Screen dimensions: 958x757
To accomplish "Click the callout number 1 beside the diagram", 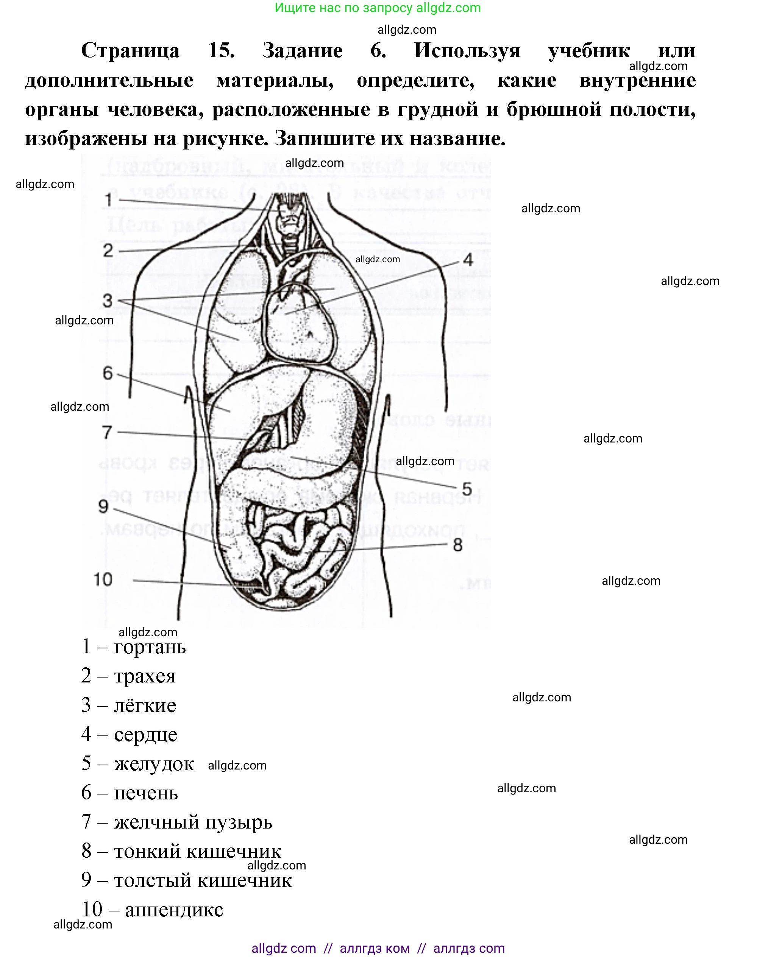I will point(108,200).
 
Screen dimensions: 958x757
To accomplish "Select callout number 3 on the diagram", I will point(108,301).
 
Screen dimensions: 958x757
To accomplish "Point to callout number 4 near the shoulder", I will point(468,260).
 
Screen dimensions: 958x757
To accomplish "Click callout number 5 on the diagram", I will point(467,489).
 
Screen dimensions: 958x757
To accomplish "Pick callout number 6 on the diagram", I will point(108,373).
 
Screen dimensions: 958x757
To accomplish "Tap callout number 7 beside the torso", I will point(107,432).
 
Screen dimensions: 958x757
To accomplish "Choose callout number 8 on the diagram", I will point(458,545).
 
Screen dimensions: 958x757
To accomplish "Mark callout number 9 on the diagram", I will point(103,506).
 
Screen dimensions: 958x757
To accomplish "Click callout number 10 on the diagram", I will point(103,579).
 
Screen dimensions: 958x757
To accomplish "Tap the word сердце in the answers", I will point(145,735).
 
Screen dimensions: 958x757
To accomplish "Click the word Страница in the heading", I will point(130,50).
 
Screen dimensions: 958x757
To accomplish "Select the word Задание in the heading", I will point(302,50).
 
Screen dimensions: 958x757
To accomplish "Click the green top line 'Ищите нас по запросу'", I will point(378,8).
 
